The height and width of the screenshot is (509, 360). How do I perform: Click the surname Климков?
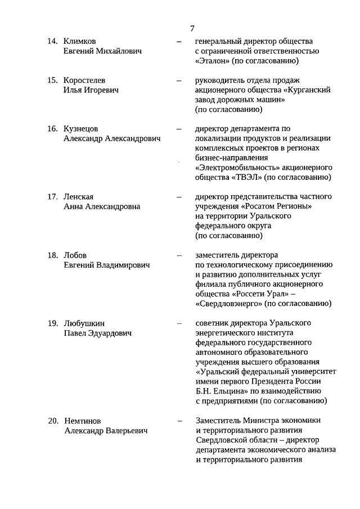[x=80, y=42]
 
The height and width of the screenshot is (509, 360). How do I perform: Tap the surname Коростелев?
[x=85, y=80]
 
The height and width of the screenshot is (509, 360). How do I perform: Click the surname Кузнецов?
[x=82, y=129]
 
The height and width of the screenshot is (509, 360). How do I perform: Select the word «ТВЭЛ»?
[x=246, y=177]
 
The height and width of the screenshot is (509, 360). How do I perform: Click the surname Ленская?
[x=79, y=197]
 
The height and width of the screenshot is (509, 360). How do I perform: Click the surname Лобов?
[x=76, y=255]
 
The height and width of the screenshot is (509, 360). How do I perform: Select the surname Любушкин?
[x=84, y=323]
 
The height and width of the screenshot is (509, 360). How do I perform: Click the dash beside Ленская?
[x=179, y=197]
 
